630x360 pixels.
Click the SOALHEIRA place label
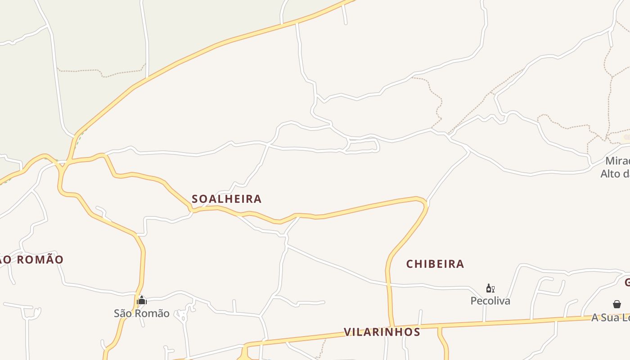coord(226,199)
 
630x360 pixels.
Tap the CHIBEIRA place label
coord(435,264)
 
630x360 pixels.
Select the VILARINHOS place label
coord(382,332)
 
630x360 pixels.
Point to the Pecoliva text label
coord(490,301)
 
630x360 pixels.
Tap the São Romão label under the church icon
coord(141,313)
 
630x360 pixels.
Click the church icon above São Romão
coord(142,300)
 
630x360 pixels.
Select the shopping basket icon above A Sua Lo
coord(617,305)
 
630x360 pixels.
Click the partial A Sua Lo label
coord(610,317)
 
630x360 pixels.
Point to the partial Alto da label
coord(615,174)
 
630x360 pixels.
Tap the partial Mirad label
coord(617,161)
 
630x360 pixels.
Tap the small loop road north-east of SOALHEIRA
coord(363,146)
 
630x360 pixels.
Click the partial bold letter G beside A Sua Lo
coord(627,283)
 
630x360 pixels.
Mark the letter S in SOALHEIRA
coord(195,199)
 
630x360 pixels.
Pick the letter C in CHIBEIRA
coord(410,264)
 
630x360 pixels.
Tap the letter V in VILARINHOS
coord(347,332)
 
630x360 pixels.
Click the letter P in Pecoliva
coord(473,301)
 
